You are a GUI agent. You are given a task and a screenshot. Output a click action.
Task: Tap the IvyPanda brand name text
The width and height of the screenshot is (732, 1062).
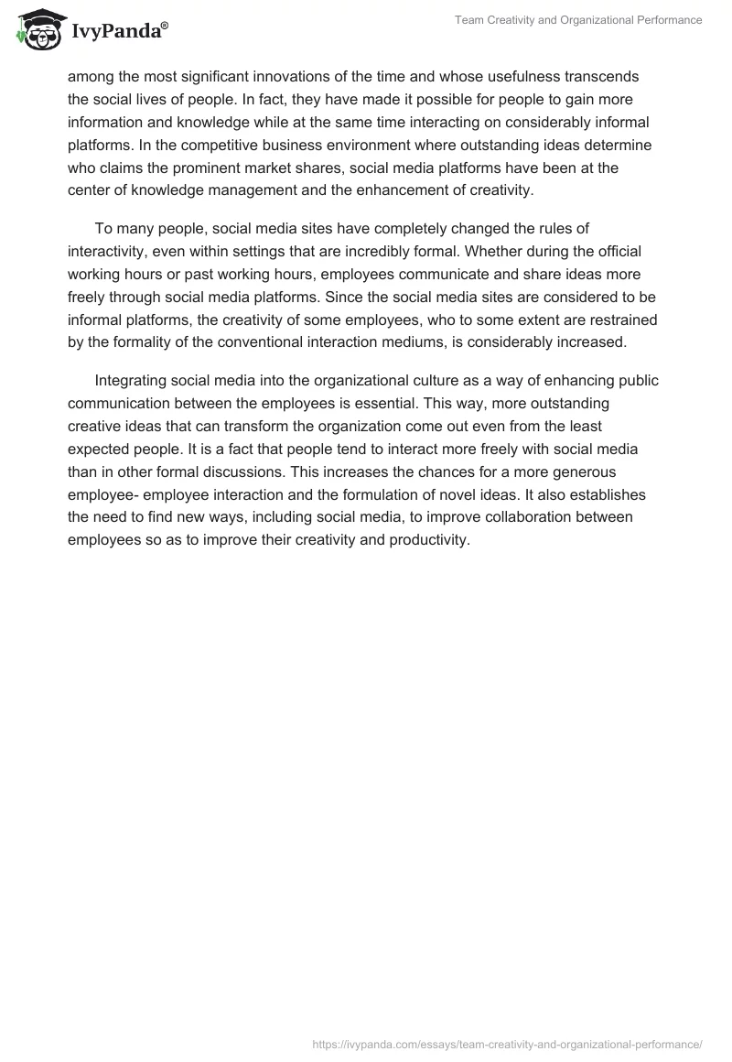pos(116,32)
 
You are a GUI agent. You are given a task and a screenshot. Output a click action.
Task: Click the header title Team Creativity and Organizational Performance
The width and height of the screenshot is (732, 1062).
pos(578,20)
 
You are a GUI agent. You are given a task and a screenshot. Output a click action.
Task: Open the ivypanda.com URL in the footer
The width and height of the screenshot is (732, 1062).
pos(507,1043)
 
